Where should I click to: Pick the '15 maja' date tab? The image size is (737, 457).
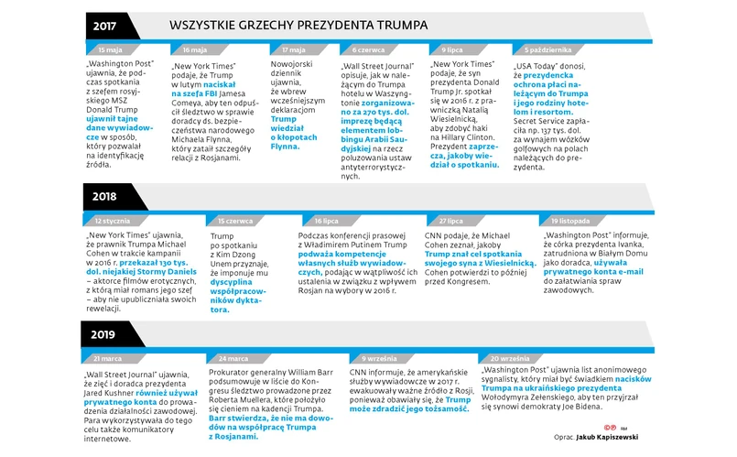pyautogui.click(x=109, y=49)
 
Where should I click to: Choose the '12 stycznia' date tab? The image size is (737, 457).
pyautogui.click(x=113, y=221)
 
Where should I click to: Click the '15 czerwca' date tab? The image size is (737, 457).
pyautogui.click(x=236, y=221)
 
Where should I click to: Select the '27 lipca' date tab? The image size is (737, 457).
pyautogui.click(x=449, y=221)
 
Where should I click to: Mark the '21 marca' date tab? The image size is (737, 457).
pyautogui.click(x=108, y=358)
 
